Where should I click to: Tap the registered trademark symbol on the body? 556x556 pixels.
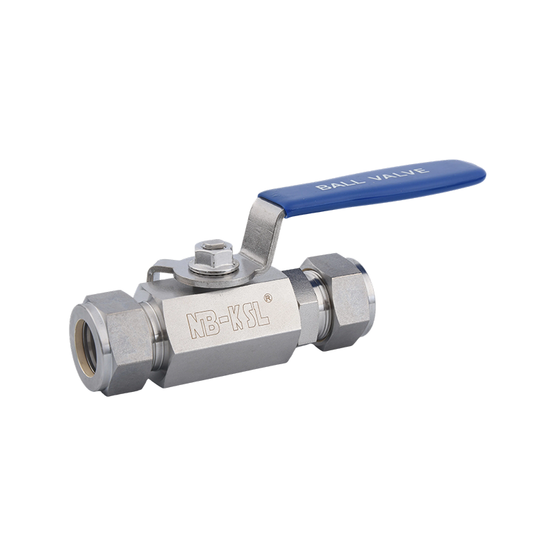(x=268, y=298)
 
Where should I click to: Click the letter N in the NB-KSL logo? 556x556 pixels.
(x=196, y=326)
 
